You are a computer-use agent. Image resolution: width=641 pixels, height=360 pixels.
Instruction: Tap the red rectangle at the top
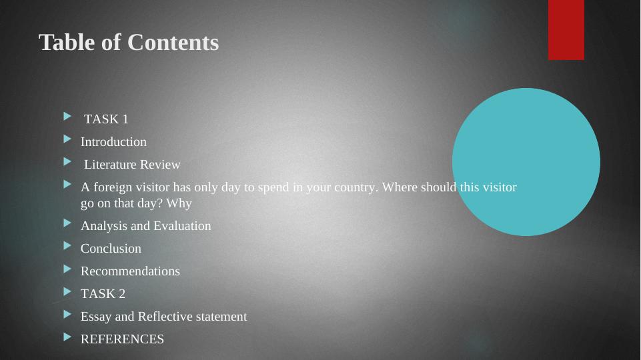pyautogui.click(x=566, y=29)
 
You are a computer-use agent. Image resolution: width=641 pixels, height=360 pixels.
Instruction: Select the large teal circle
pyautogui.click(x=526, y=162)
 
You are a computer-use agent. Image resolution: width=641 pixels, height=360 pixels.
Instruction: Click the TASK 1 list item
pyautogui.click(x=106, y=119)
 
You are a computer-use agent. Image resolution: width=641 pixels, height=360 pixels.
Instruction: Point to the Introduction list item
pyautogui.click(x=113, y=142)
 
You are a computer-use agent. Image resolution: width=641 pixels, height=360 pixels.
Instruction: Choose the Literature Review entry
pyautogui.click(x=132, y=165)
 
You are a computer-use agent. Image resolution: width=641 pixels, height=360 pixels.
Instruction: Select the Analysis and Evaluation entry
pyautogui.click(x=145, y=226)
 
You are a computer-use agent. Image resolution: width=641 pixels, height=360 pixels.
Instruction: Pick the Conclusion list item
pyautogui.click(x=111, y=249)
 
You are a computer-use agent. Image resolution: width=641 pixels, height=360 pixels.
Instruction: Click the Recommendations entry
pyautogui.click(x=130, y=271)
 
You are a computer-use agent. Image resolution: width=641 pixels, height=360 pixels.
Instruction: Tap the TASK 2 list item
pyautogui.click(x=103, y=294)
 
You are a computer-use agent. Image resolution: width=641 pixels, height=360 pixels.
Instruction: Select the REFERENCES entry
pyautogui.click(x=122, y=339)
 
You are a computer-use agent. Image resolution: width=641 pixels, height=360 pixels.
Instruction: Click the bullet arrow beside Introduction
pyautogui.click(x=67, y=139)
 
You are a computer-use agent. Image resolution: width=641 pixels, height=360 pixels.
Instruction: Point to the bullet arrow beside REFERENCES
pyautogui.click(x=67, y=337)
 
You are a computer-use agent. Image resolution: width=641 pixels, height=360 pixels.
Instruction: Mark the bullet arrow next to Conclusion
pyautogui.click(x=67, y=245)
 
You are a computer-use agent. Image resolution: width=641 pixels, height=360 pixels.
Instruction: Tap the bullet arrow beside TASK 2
pyautogui.click(x=67, y=291)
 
